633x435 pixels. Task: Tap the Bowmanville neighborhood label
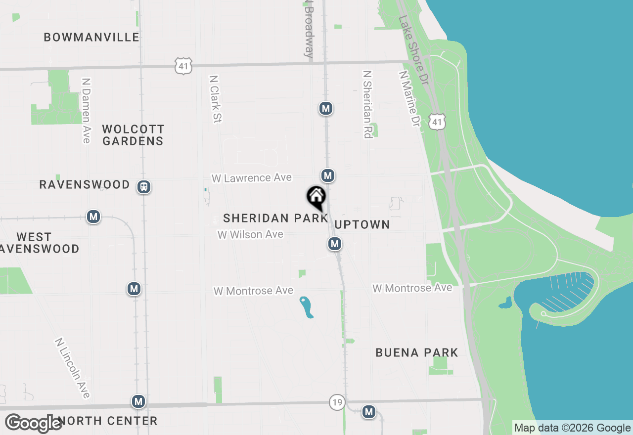pos(91,37)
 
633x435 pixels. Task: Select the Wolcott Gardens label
pos(133,135)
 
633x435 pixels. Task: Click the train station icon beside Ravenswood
pos(144,187)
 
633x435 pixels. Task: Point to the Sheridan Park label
pos(275,218)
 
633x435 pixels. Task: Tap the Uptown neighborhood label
pos(362,224)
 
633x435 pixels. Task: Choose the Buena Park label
pos(417,352)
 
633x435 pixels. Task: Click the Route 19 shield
pos(337,402)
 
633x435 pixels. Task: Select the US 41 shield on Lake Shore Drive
pos(438,121)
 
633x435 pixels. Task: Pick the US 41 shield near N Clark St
pos(183,66)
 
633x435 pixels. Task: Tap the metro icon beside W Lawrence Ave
pos(327,175)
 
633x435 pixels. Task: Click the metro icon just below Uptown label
pos(335,243)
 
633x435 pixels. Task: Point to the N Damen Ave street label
pos(87,110)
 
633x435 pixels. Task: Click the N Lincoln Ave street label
pos(73,368)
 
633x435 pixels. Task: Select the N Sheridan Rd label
pos(367,104)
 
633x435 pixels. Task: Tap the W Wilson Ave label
pos(251,235)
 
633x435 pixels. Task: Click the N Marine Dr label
pos(410,98)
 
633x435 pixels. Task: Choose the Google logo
pos(33,424)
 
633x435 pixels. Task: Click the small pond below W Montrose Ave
pos(307,307)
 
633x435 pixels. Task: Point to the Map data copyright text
pos(572,428)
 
